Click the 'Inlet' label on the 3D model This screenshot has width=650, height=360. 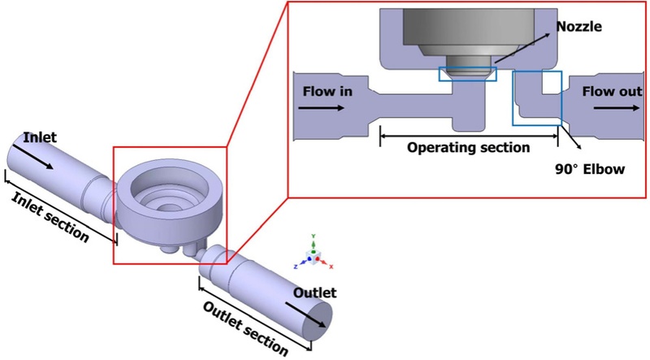tap(40, 138)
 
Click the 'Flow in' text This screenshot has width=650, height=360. tap(328, 91)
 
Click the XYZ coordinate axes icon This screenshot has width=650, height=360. tap(314, 254)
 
